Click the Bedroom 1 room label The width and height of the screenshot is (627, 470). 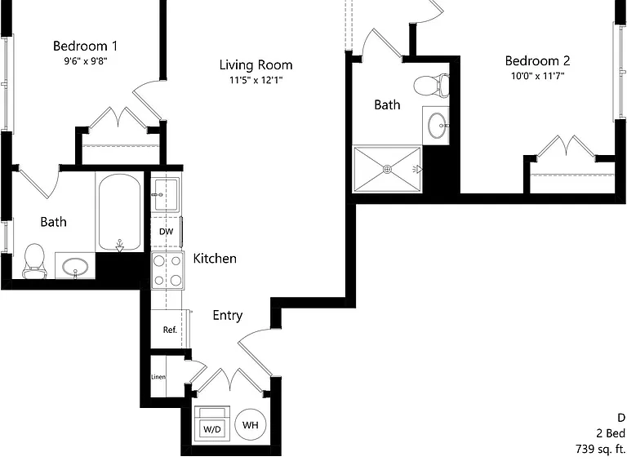point(85,46)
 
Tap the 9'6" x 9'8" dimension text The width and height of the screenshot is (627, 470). point(86,61)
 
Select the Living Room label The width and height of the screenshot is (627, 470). point(256,65)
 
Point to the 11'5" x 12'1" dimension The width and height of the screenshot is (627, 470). point(256,80)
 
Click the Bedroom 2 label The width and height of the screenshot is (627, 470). point(537,60)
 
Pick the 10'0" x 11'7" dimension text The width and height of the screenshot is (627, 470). point(537,76)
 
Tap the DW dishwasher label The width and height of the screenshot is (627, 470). point(166,232)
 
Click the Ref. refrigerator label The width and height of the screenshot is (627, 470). point(170,330)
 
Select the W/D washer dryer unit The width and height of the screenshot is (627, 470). point(212,423)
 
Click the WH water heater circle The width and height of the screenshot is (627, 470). point(251,425)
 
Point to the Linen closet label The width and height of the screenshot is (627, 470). point(158,377)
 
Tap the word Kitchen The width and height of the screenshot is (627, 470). point(215,259)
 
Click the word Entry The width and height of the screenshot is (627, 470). point(228,315)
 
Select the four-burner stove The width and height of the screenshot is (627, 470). point(167,270)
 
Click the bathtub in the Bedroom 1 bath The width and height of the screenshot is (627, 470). point(119,212)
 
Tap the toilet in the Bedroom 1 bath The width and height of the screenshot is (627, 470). point(34,261)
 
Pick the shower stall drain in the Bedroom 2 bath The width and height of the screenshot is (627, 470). point(387,169)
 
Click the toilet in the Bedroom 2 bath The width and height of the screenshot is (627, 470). point(431,85)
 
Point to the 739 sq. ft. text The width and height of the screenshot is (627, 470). point(601,449)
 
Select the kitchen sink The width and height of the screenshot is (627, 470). point(166,195)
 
